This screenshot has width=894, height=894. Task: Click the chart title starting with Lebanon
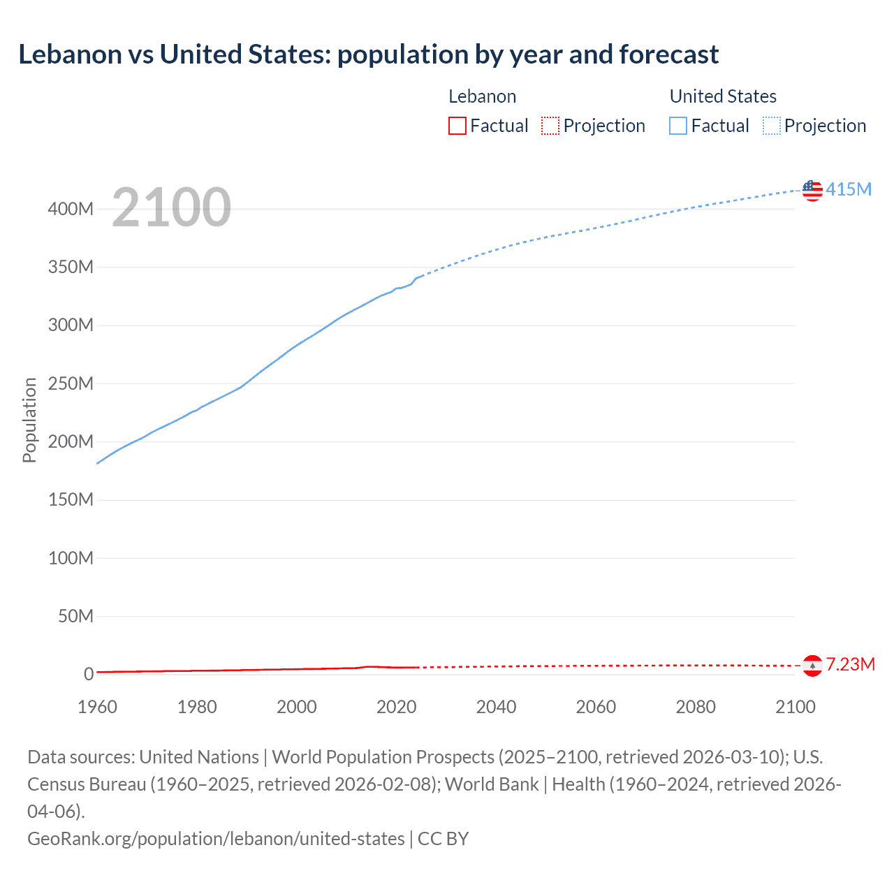click(368, 54)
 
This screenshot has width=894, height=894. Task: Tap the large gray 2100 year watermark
click(171, 207)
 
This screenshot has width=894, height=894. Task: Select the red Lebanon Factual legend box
click(457, 126)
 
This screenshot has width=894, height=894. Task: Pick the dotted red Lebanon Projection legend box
click(550, 126)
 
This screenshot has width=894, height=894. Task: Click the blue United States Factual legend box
click(677, 126)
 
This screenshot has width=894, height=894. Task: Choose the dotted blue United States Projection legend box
click(771, 126)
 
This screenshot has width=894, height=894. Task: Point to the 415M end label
click(849, 189)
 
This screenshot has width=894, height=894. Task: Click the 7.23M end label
click(850, 664)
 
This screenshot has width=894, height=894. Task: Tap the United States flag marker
click(812, 190)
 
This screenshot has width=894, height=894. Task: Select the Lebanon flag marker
click(812, 666)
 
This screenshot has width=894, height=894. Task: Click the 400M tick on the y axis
click(71, 209)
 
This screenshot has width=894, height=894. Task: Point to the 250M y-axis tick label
click(71, 383)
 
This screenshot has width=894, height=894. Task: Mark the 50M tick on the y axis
click(75, 616)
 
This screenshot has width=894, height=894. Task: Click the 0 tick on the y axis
click(89, 674)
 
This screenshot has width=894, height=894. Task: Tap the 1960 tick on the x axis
click(98, 707)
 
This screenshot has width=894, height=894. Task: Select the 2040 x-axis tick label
click(496, 707)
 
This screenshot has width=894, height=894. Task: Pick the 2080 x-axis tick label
click(696, 707)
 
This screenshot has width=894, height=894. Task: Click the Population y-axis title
click(29, 420)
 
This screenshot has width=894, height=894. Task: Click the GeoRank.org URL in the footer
click(216, 838)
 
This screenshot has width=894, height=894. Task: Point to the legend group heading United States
click(723, 96)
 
